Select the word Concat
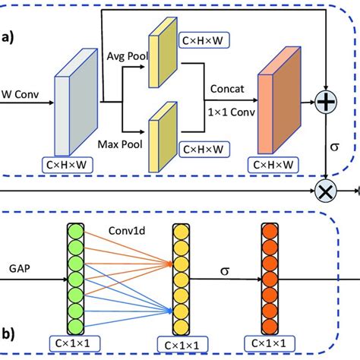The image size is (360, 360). pyautogui.click(x=227, y=89)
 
